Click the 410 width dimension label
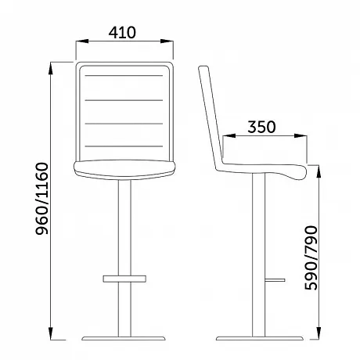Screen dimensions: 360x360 point(122,33)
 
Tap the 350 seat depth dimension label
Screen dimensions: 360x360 point(261,127)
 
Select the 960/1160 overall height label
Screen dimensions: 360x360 point(42,199)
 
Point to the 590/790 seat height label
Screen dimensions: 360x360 point(311,257)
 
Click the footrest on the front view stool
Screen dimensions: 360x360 point(124,279)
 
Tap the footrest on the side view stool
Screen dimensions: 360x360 point(275,280)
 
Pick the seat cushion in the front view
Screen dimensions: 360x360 point(124,170)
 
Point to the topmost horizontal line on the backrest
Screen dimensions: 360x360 point(124,76)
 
